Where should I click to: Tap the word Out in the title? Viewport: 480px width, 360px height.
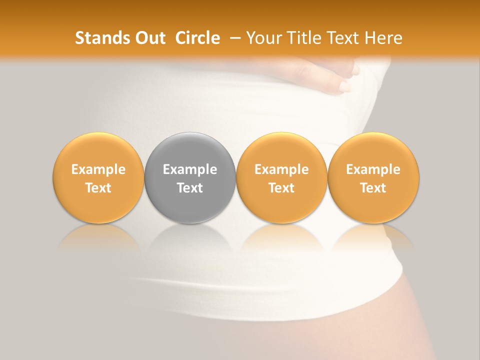tap(149, 38)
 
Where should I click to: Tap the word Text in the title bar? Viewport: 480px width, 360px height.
tap(341, 38)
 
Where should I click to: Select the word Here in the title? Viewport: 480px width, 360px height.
tap(383, 38)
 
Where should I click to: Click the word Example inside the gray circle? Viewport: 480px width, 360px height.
tap(190, 169)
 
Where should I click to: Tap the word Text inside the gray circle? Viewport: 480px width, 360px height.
tap(190, 188)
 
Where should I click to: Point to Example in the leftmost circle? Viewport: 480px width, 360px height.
tap(98, 169)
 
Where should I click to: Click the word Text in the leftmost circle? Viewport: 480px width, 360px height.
tap(98, 188)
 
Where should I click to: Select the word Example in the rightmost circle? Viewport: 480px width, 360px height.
tap(373, 169)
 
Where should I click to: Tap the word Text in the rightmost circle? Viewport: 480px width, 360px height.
tap(373, 188)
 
